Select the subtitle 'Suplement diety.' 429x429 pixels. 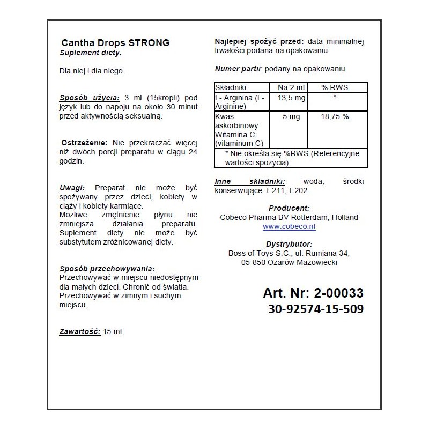coord(91,53)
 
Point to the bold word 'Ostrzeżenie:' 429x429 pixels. coord(84,143)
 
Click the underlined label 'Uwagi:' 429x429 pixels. coord(72,188)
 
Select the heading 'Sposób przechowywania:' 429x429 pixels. coord(107,269)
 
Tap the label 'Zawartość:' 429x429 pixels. coord(80,331)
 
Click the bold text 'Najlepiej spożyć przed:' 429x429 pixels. coord(260,42)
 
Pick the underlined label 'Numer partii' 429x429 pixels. coord(238,69)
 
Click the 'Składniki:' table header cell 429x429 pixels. coord(233,87)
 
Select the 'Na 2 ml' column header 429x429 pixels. coord(287,87)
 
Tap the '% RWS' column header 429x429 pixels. coord(335,87)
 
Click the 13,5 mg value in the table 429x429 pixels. coord(287,97)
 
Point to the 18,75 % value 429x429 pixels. coord(335,116)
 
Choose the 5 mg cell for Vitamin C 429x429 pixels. coord(287,116)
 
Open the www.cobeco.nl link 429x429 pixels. coord(289,226)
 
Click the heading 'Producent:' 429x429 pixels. coord(289,208)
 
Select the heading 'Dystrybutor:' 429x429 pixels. coord(289,244)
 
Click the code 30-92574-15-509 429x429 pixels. coord(315,309)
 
